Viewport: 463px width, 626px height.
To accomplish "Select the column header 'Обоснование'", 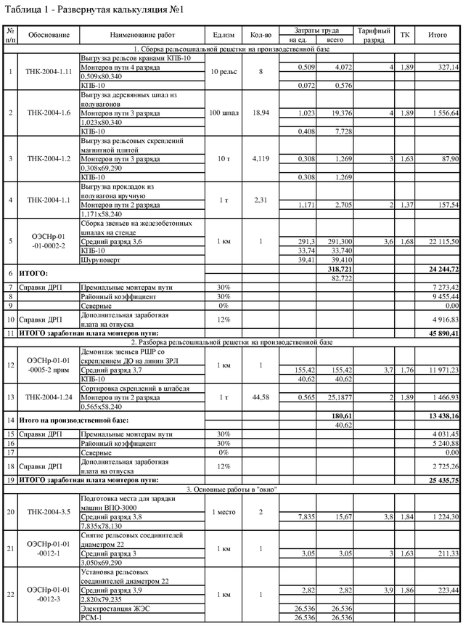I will coord(49,35).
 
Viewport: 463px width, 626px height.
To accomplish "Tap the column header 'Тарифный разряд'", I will coord(374,36).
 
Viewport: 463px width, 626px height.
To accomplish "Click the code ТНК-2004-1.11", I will coord(49,72).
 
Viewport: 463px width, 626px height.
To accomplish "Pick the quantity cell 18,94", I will coord(260,113).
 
